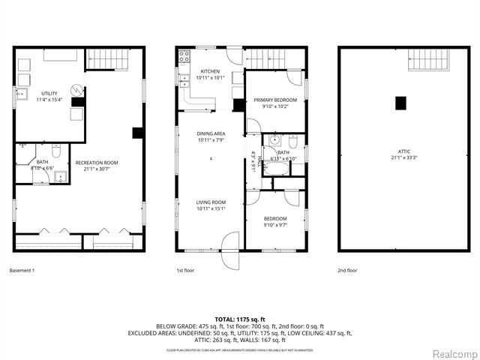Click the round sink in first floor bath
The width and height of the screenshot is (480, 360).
pos(274,139)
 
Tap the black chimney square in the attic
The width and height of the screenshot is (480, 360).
pos(401,102)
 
